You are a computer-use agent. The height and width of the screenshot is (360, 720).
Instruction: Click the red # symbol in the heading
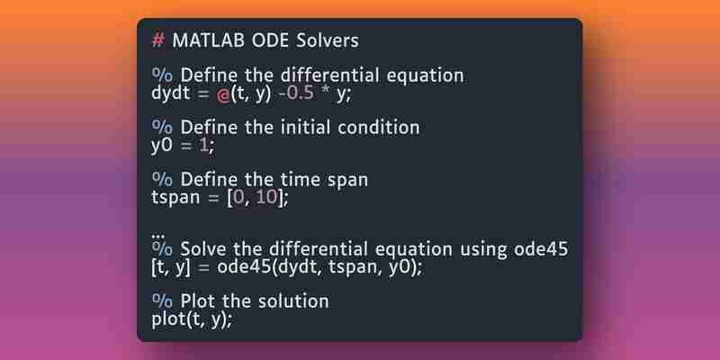(157, 40)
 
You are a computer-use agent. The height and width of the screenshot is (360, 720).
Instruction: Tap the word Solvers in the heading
(328, 40)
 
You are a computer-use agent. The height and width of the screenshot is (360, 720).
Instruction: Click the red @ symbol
(223, 95)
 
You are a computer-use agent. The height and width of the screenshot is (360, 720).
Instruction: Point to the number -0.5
(297, 94)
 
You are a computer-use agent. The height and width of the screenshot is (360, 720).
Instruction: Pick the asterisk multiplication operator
(325, 91)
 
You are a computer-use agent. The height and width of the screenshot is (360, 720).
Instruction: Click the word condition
(379, 127)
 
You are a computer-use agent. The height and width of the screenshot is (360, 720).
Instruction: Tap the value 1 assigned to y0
(203, 146)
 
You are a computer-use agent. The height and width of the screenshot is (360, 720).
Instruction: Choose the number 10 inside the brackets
(266, 197)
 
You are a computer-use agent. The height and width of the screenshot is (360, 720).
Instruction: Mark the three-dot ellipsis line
(157, 236)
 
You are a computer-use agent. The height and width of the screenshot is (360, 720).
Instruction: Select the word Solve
(204, 249)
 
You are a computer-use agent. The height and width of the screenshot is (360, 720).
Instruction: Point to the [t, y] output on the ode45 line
(170, 267)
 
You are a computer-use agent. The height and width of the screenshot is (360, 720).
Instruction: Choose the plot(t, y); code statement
(192, 320)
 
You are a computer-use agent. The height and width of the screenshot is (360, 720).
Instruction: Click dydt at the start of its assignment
(170, 94)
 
